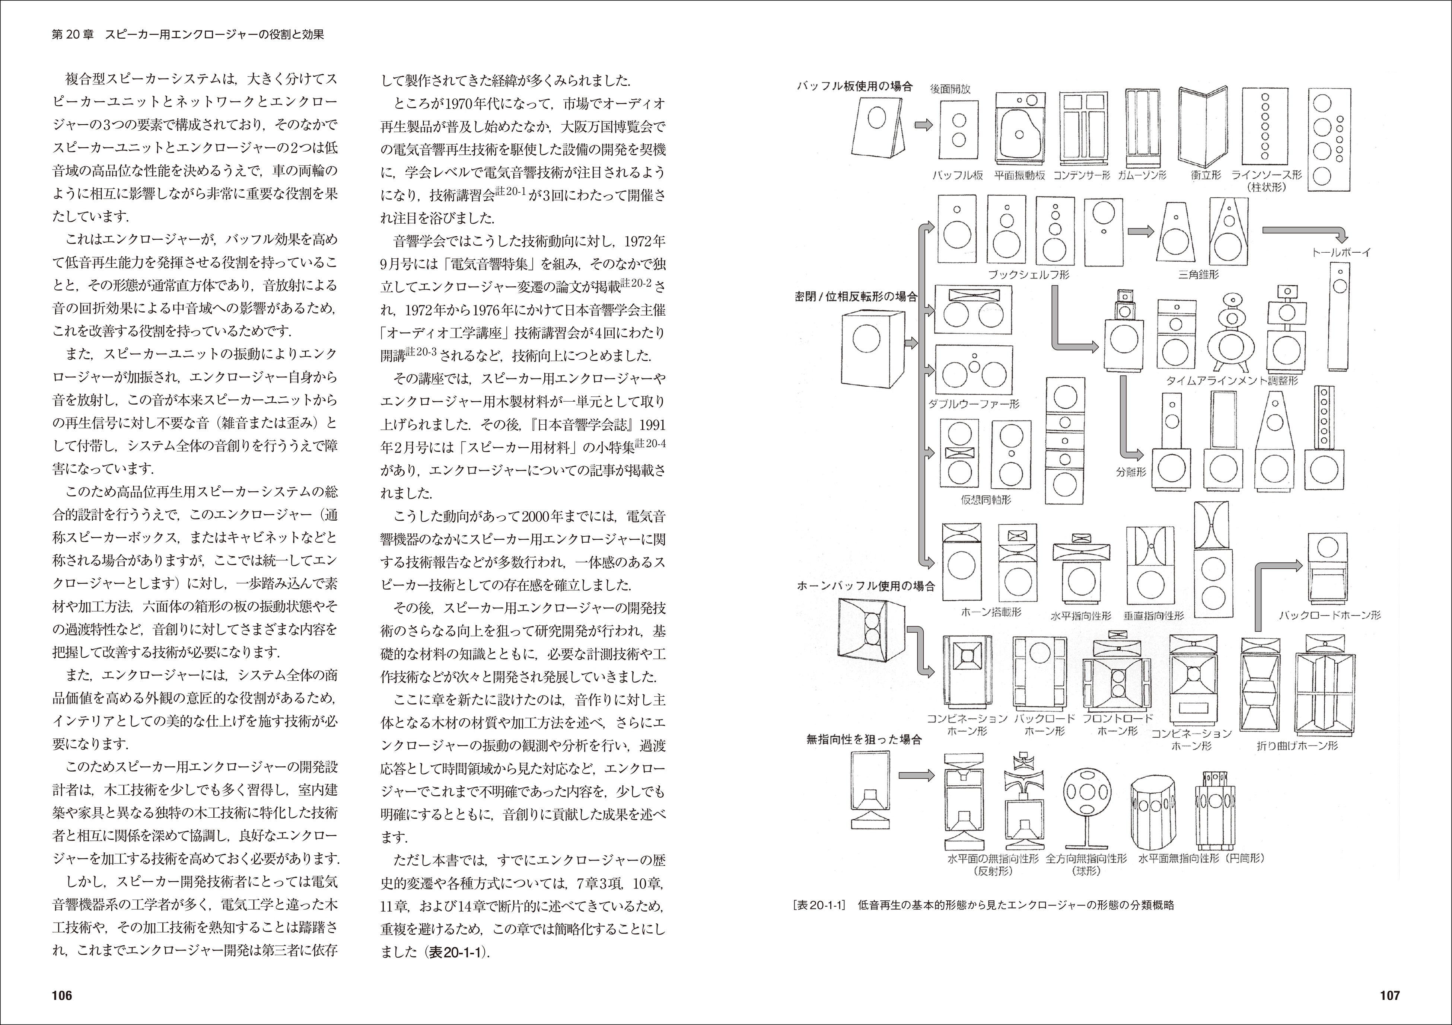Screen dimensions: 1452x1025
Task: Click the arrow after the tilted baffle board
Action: [924, 125]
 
